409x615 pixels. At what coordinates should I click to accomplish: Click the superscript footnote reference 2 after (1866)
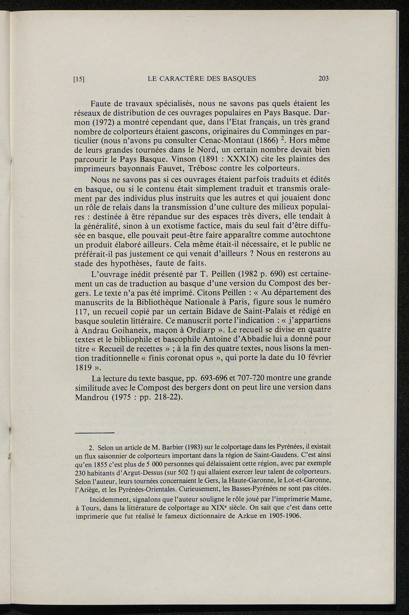coord(281,139)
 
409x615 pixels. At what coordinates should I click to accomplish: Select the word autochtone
coord(310,236)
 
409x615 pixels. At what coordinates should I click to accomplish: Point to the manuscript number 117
coord(82,311)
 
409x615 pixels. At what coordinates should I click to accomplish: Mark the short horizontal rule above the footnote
coord(95,433)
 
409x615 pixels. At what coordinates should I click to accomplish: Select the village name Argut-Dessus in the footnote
coord(137,472)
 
